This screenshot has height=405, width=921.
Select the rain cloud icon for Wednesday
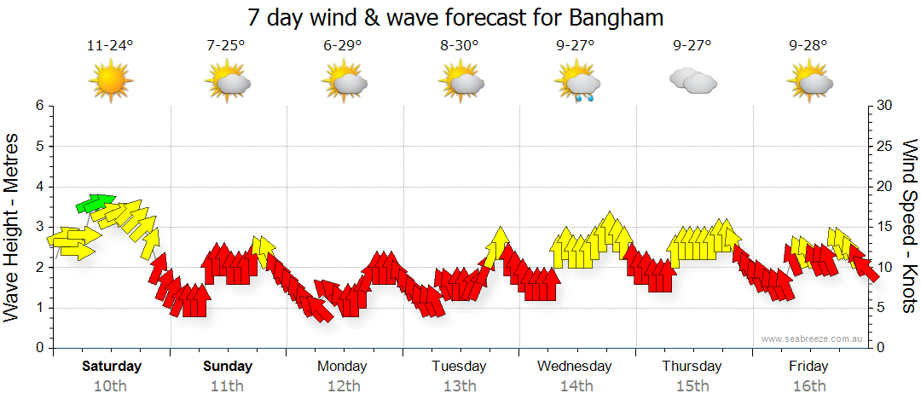click(576, 84)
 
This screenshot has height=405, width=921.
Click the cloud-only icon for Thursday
click(692, 82)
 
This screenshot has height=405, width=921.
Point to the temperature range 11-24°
click(111, 45)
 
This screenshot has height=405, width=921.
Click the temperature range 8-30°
click(460, 45)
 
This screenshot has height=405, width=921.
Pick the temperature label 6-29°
click(343, 45)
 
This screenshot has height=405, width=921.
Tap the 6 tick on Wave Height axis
click(38, 106)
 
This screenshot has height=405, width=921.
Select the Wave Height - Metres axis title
click(13, 227)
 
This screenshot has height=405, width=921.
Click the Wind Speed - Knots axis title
click(909, 227)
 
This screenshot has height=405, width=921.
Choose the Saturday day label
click(111, 367)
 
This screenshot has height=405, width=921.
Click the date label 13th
click(460, 386)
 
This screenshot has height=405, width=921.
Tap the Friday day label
click(808, 367)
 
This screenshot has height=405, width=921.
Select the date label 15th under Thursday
click(692, 386)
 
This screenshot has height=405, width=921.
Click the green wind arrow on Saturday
click(95, 202)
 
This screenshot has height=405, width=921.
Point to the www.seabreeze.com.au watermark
click(814, 339)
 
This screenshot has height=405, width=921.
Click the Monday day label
click(343, 367)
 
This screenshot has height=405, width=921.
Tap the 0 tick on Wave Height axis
click(38, 349)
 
